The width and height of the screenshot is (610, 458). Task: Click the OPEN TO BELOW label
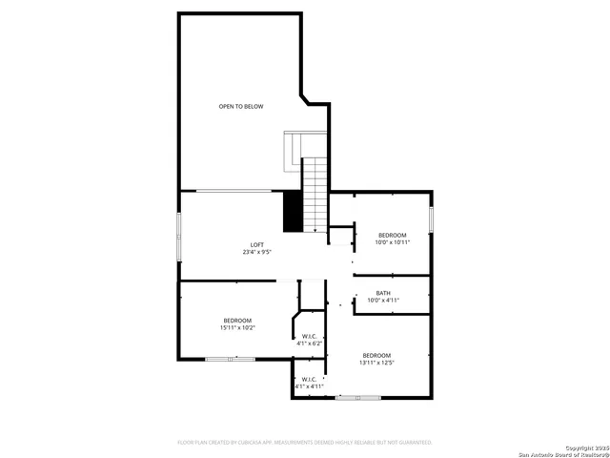pyautogui.click(x=241, y=107)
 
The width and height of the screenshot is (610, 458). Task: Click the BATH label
pyautogui.click(x=383, y=293)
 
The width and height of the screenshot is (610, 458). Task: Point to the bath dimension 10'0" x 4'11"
pyautogui.click(x=383, y=301)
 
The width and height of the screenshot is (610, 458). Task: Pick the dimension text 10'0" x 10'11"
pyautogui.click(x=392, y=242)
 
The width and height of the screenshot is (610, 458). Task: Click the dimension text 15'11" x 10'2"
pyautogui.click(x=237, y=327)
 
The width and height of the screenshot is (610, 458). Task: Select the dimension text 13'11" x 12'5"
pyautogui.click(x=376, y=363)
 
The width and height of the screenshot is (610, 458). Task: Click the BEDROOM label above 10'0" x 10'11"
pyautogui.click(x=392, y=235)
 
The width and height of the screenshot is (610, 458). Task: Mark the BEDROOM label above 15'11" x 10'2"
pyautogui.click(x=237, y=320)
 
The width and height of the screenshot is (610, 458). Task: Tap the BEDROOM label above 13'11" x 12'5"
pyautogui.click(x=376, y=355)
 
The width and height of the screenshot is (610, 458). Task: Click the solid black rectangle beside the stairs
pyautogui.click(x=293, y=211)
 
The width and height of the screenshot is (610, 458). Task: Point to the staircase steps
pyautogui.click(x=315, y=196)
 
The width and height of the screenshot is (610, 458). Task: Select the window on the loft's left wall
pyautogui.click(x=179, y=235)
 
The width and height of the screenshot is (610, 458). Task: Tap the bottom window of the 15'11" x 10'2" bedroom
pyautogui.click(x=230, y=360)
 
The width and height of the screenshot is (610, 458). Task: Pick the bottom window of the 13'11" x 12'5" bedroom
pyautogui.click(x=357, y=398)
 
